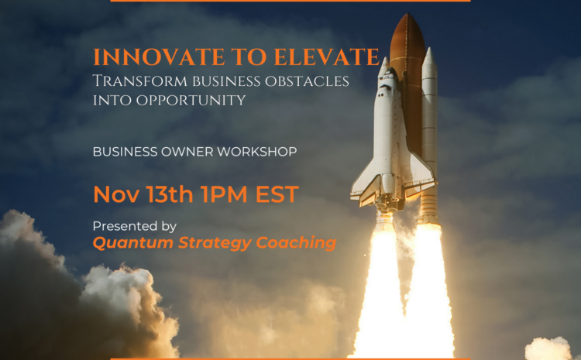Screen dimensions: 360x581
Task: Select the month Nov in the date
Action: [112, 194]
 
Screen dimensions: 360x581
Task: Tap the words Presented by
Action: [135, 226]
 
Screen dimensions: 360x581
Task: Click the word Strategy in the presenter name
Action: [210, 243]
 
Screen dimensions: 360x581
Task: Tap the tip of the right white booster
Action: [428, 53]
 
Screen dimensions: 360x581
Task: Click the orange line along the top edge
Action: [290, 1]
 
